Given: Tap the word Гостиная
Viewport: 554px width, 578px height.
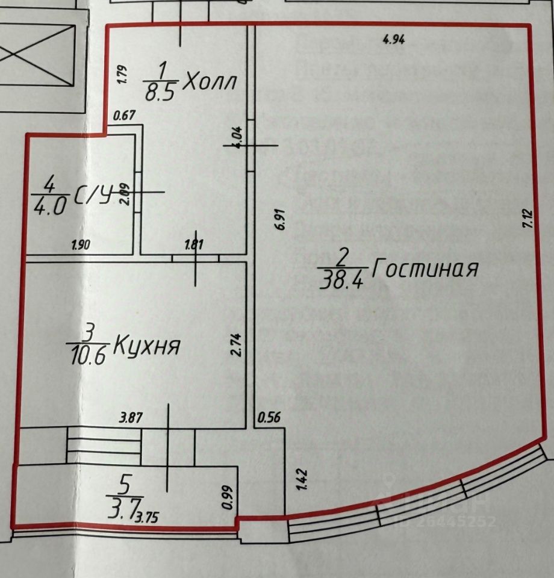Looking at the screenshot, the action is (x=424, y=268).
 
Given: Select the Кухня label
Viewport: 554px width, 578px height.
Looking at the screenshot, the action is (x=147, y=346).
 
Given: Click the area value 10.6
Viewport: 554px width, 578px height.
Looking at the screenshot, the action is (x=89, y=356).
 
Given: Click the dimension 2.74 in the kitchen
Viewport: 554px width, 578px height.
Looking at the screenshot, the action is (x=235, y=346).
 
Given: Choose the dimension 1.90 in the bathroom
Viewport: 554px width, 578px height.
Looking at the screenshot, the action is (x=81, y=244).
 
